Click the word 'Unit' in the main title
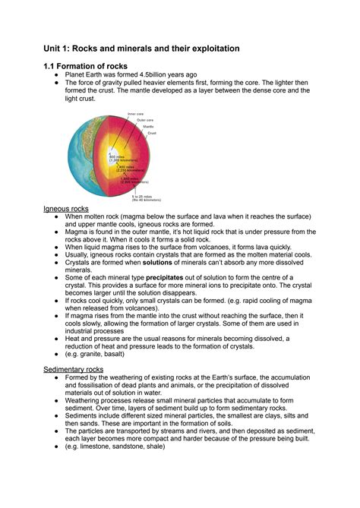[55, 49]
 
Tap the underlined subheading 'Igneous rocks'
[66, 207]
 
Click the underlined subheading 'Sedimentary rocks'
[74, 369]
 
